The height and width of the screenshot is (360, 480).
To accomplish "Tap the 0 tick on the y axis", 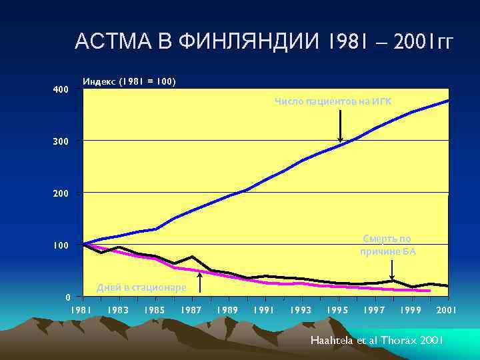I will tap(67, 297).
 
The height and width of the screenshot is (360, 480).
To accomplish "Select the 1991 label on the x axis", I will tap(264, 311).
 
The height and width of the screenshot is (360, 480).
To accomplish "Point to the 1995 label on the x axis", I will tap(337, 311).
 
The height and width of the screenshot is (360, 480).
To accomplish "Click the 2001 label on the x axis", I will tap(447, 311).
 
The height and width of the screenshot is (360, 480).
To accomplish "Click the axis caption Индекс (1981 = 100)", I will tap(129, 81).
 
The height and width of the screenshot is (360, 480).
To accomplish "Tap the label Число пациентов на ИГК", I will tap(333, 101).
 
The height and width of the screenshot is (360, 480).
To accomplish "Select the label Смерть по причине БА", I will tap(388, 245).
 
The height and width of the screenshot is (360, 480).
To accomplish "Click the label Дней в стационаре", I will tap(141, 287).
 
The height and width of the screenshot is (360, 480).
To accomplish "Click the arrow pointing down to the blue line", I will tap(341, 126).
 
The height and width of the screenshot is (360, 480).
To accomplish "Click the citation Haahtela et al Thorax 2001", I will tap(377, 340).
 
